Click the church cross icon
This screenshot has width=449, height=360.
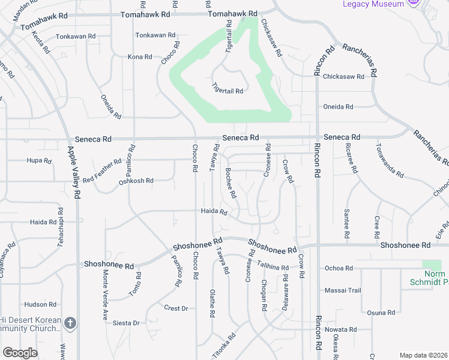coord(70,323)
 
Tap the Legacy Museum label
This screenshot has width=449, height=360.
coord(373,4)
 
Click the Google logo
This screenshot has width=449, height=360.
coord(20,353)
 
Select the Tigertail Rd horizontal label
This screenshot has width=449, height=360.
coord(228,91)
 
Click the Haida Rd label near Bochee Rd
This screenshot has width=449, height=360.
coord(214,211)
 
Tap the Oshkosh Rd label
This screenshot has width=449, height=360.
coord(136,181)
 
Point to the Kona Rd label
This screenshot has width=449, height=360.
coord(140,57)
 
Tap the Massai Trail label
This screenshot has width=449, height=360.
coord(343,290)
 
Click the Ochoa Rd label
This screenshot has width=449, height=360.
coord(338,268)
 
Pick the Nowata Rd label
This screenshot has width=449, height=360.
coord(340,329)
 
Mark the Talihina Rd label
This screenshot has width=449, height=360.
coord(273,265)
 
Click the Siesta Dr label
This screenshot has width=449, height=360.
coord(127,323)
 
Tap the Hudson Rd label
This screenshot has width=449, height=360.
coord(41,304)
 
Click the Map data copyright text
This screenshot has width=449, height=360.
coord(423,355)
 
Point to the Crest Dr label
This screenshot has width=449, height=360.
coord(176,308)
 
